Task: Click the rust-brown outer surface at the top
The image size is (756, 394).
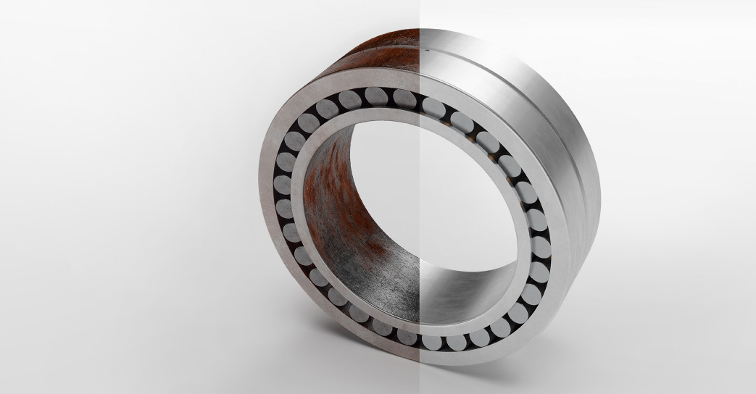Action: (x=377, y=51)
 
